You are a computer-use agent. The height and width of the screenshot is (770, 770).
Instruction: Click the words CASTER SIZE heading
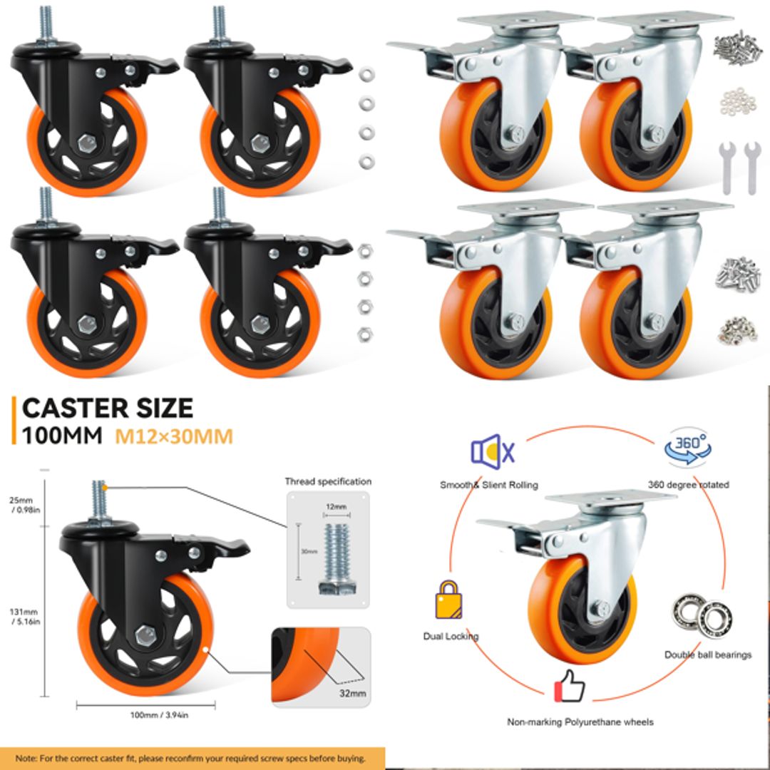(x=108, y=409)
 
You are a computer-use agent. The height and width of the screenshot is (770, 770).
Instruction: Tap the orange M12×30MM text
(x=174, y=436)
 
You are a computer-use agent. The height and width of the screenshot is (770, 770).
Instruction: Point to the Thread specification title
(x=328, y=481)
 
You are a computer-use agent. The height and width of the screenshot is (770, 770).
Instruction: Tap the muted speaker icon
(x=493, y=451)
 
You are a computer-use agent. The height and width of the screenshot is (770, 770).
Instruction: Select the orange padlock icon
(x=447, y=598)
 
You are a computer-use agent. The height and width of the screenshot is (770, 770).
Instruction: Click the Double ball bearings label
(x=708, y=654)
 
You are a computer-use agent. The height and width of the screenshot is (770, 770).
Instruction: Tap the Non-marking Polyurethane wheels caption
(x=580, y=722)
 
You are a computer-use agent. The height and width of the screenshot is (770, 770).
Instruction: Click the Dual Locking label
(x=451, y=636)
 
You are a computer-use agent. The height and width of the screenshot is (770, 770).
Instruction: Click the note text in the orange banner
(x=191, y=758)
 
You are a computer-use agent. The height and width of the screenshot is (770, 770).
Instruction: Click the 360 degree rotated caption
(x=688, y=485)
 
